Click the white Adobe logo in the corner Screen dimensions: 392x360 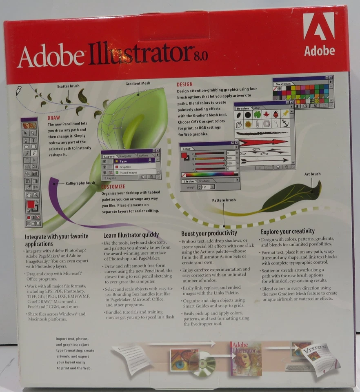319,34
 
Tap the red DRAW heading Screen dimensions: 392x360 54,118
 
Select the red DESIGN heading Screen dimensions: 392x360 184,85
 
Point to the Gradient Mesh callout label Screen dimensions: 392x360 138,83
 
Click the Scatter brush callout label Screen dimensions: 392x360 68,86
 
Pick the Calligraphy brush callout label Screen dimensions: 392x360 80,183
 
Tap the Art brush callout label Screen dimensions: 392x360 312,174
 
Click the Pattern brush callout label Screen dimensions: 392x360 224,200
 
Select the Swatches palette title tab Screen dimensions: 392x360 283,84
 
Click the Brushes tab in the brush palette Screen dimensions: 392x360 244,108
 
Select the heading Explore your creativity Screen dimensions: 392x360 288,232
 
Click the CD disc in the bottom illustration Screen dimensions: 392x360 203,364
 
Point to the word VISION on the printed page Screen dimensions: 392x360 320,348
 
